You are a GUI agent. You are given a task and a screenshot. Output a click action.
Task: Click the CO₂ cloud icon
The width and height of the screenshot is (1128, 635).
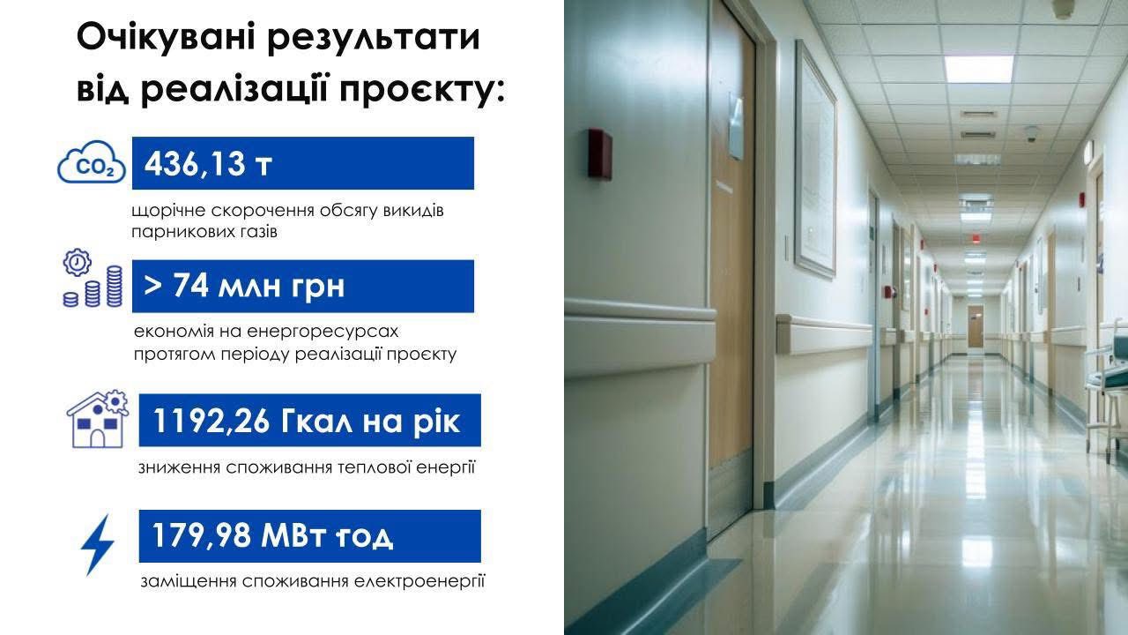coord(91,161)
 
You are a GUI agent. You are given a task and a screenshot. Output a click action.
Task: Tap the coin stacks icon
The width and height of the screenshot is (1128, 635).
coord(93,278)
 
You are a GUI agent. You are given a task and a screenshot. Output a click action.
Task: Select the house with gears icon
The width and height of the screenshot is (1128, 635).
coord(98,419)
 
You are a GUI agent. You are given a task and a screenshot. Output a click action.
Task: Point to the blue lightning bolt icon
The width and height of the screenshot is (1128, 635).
coord(97,544)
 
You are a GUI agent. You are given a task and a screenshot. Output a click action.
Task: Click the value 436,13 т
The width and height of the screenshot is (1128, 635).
coord(208,164)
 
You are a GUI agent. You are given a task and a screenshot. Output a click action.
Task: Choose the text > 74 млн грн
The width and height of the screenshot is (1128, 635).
coord(244,286)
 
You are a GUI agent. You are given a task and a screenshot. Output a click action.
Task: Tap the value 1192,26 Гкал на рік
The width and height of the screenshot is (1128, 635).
coord(306,421)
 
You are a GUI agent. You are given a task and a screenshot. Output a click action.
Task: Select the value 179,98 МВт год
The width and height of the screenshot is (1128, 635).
coord(272,535)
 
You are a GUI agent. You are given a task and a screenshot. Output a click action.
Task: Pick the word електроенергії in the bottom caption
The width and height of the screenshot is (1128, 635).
coord(419,582)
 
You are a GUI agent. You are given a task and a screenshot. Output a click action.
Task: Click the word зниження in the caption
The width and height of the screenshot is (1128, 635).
coord(178,467)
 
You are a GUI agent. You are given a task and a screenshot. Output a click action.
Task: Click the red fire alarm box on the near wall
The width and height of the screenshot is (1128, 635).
coord(599,154)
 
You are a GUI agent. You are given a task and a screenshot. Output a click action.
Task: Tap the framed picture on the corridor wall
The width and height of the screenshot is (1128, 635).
coord(815,160)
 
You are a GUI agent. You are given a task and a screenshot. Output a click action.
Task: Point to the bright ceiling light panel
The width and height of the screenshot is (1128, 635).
coord(979,69)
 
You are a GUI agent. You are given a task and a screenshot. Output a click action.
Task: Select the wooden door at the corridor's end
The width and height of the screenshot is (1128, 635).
coord(976,326)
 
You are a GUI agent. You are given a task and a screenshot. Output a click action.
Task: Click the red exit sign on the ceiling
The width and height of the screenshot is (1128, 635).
coord(976,238)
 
